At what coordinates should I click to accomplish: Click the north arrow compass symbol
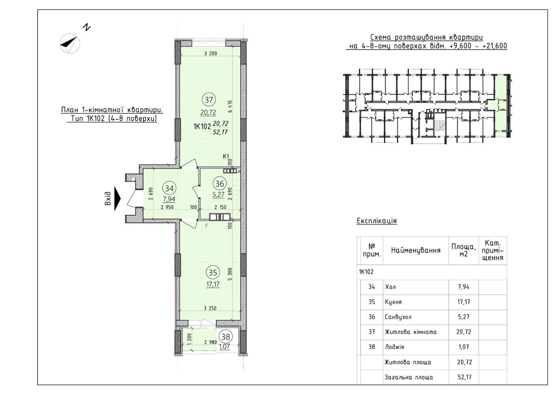(x=70, y=43)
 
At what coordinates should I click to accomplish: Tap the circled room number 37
(x=209, y=100)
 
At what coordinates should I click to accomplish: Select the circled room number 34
(x=169, y=188)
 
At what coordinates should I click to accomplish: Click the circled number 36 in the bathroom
(x=220, y=184)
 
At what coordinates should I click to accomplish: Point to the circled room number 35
(x=213, y=273)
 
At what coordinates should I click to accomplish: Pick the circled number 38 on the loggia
(x=226, y=337)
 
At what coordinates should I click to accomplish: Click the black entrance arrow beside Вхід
(x=117, y=199)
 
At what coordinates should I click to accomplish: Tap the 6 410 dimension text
(x=230, y=106)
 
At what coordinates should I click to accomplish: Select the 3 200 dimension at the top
(x=211, y=53)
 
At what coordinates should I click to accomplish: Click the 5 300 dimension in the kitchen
(x=230, y=274)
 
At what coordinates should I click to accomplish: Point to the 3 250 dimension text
(x=210, y=308)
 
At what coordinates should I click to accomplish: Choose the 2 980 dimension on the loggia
(x=211, y=342)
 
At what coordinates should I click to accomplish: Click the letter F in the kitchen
(x=206, y=226)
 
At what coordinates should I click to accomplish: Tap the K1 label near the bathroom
(x=226, y=156)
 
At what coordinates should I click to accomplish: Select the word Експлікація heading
(x=377, y=221)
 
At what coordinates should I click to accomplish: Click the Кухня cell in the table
(x=393, y=302)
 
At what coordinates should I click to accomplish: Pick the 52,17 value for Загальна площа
(x=464, y=377)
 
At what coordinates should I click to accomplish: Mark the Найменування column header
(x=416, y=250)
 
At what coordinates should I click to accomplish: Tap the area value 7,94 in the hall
(x=169, y=199)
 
